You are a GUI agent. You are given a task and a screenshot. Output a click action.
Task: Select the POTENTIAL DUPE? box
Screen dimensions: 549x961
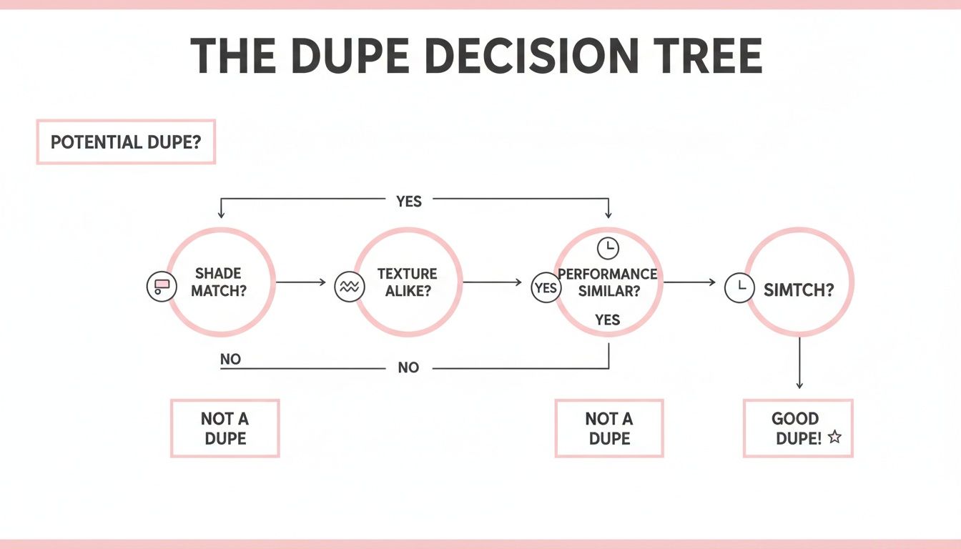[126, 142]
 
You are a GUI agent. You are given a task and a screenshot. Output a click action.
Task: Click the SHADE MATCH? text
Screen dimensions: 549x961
[218, 282]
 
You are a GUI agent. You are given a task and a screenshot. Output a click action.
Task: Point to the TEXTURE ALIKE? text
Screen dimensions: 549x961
[407, 282]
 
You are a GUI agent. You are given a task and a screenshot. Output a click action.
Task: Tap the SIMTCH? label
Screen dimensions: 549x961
[798, 290]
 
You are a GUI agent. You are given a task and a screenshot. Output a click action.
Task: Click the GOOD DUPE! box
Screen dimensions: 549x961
[798, 428]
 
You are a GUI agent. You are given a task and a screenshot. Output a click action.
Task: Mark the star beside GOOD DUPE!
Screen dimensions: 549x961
[834, 437]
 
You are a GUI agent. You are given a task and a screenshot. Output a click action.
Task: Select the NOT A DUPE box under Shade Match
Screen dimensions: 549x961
[225, 428]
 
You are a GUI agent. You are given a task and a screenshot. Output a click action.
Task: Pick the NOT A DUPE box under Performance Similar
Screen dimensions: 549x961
[609, 428]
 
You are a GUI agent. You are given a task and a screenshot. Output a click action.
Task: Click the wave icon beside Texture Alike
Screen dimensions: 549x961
[348, 287]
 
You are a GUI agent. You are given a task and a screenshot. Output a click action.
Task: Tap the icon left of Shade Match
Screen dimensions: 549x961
[161, 287]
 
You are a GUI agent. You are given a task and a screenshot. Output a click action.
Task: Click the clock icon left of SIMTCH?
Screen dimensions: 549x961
[739, 288]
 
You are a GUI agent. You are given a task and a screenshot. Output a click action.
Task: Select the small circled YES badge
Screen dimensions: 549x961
[546, 288]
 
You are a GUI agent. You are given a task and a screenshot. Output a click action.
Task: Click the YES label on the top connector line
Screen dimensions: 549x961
[409, 202]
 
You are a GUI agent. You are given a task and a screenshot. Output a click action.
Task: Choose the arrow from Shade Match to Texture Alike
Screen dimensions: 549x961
[300, 282]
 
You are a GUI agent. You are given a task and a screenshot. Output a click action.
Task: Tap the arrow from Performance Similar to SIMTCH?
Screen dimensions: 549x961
[689, 282]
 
